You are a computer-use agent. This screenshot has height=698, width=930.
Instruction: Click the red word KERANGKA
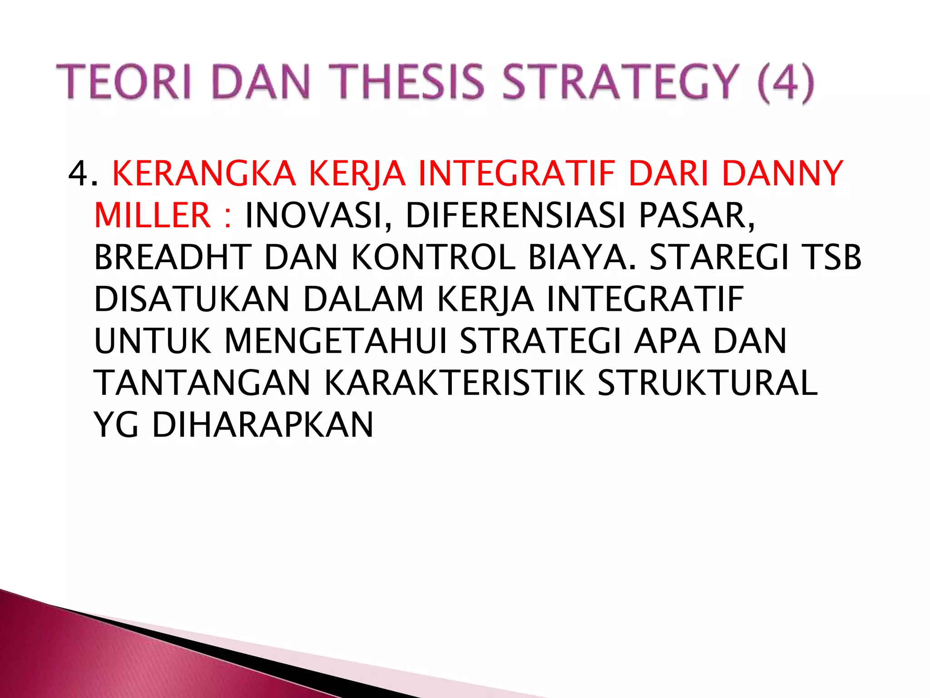click(204, 174)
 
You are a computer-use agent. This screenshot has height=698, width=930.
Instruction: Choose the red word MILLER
click(153, 215)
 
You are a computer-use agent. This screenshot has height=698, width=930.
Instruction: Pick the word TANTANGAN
click(202, 383)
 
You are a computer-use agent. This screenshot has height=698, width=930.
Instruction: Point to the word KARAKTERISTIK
click(455, 383)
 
